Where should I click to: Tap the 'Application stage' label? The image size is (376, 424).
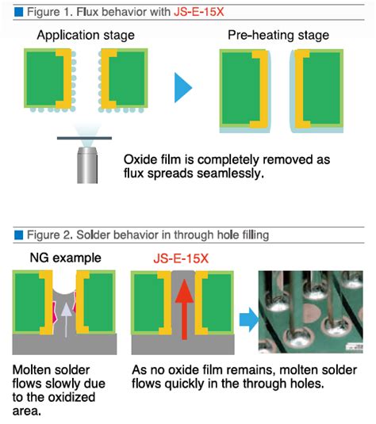86,35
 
